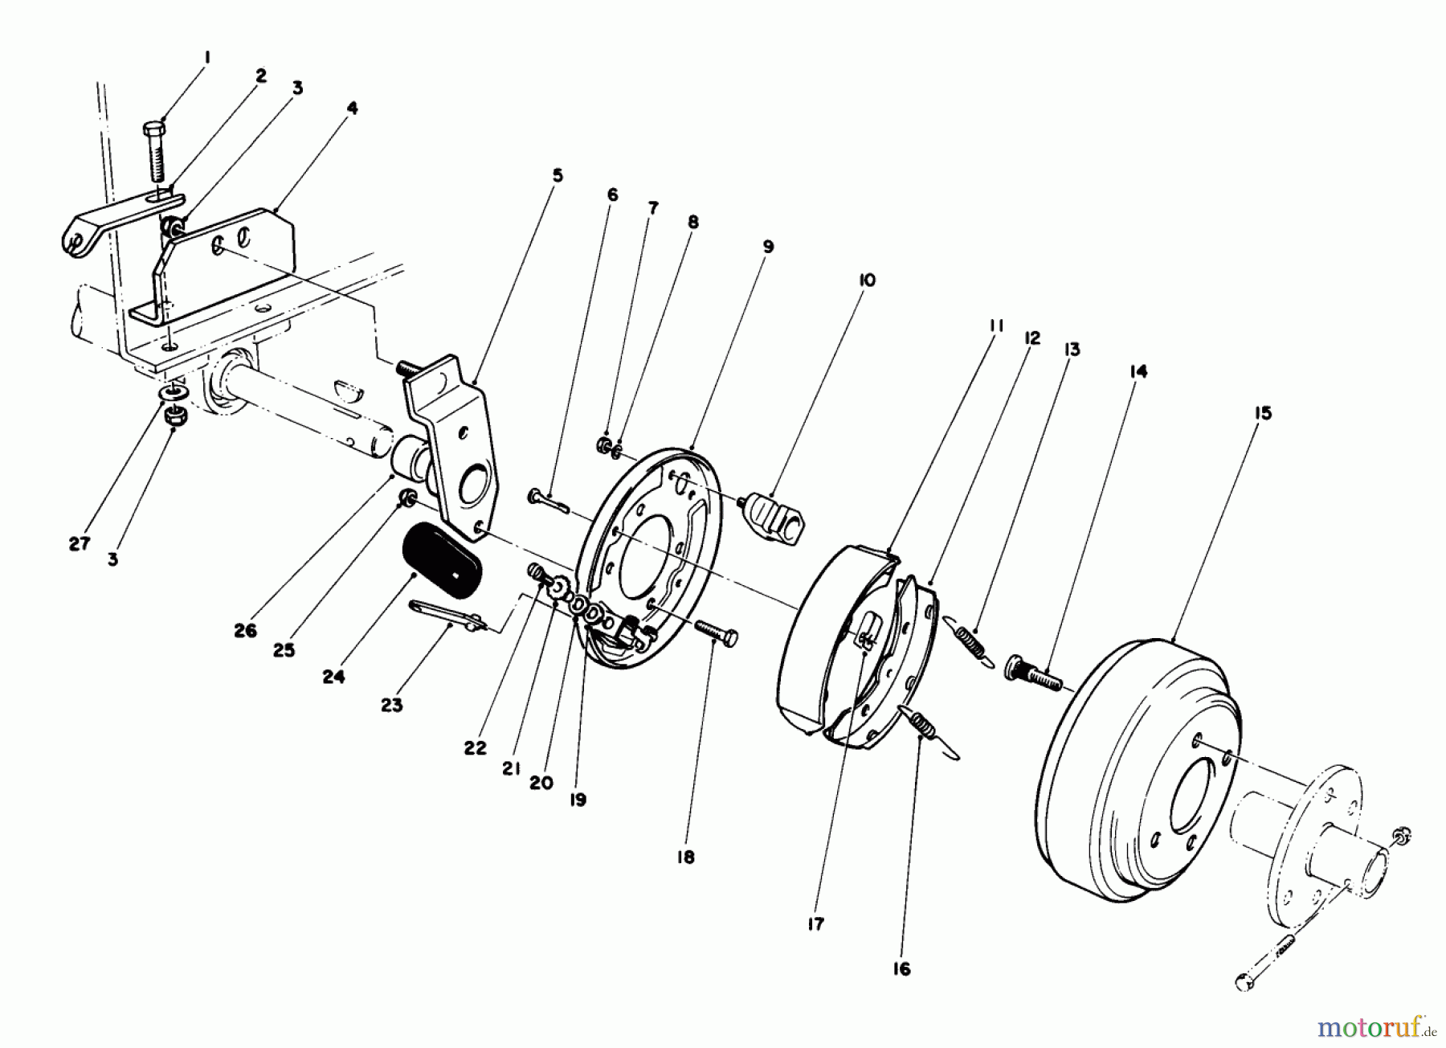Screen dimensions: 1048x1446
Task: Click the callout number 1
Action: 207,57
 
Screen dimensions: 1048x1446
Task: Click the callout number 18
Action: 684,858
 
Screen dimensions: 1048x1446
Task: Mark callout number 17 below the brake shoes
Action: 815,924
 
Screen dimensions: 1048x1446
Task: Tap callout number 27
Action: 79,544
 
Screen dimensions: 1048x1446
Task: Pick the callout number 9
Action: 768,246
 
